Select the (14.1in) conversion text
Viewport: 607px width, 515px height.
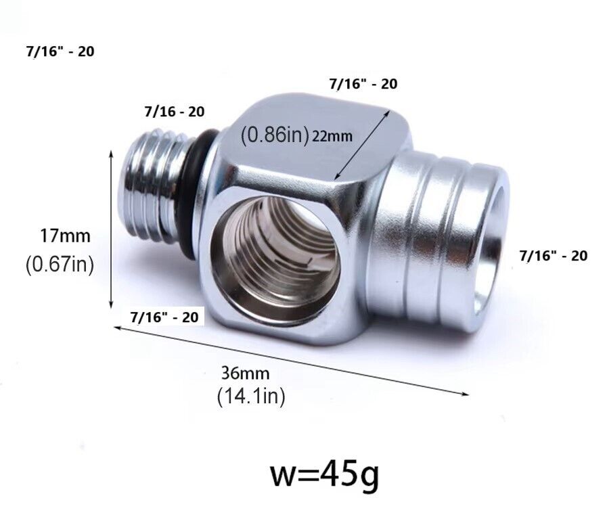pos(250,396)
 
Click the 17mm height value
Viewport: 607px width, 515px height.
pos(64,236)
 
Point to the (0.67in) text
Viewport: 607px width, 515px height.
pos(60,264)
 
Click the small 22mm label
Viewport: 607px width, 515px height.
pos(332,136)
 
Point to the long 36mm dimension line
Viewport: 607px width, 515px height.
pos(291,359)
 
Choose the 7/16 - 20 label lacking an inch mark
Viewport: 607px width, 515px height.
pos(174,111)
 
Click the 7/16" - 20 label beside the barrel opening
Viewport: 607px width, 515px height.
pos(553,256)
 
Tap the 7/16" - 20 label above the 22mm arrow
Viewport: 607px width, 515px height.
pos(363,84)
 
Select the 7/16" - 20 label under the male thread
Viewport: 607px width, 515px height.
pos(165,316)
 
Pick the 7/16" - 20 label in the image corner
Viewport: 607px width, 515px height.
pos(60,51)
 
